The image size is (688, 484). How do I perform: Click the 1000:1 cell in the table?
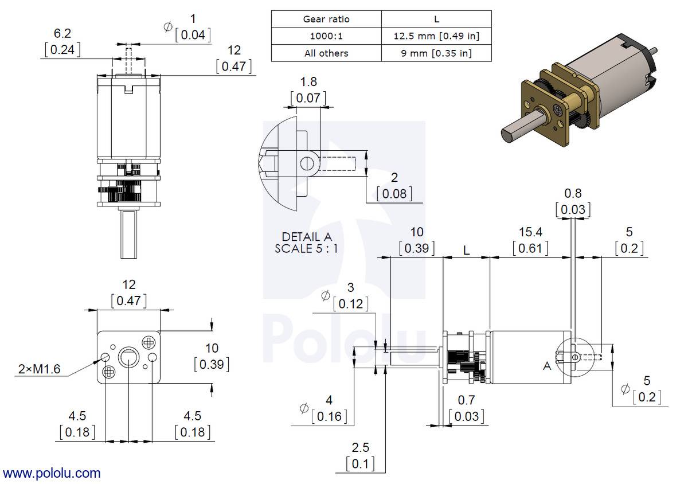(326, 36)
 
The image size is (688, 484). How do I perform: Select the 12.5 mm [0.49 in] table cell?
(436, 36)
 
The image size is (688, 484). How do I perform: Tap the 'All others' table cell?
(326, 53)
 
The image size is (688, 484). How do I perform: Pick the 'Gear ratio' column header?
(326, 19)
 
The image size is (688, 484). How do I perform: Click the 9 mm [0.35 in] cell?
(436, 53)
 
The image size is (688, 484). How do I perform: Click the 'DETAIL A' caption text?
(306, 237)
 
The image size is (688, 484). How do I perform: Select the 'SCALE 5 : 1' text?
(306, 249)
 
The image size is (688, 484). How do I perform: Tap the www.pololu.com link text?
(52, 473)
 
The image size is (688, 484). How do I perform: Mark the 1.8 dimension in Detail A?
(308, 82)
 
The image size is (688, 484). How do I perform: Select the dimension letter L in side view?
(467, 251)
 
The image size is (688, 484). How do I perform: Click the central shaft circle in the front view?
(128, 358)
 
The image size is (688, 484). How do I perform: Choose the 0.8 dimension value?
(573, 194)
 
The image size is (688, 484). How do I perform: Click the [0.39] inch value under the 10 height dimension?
(212, 364)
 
